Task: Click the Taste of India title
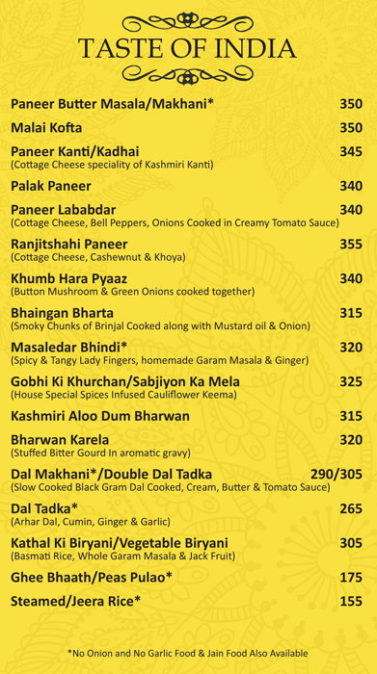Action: coord(188,47)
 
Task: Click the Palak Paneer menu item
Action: coord(51,186)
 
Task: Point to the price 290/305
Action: coord(336,475)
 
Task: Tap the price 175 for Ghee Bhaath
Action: coord(351,577)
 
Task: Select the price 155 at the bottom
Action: coord(351,602)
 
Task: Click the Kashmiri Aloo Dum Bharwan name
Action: coord(100,416)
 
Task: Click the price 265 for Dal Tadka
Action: coord(351,508)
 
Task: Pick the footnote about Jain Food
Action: coord(188,653)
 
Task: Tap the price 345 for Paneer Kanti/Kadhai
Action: coord(351,152)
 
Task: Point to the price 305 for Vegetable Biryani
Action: coord(351,543)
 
